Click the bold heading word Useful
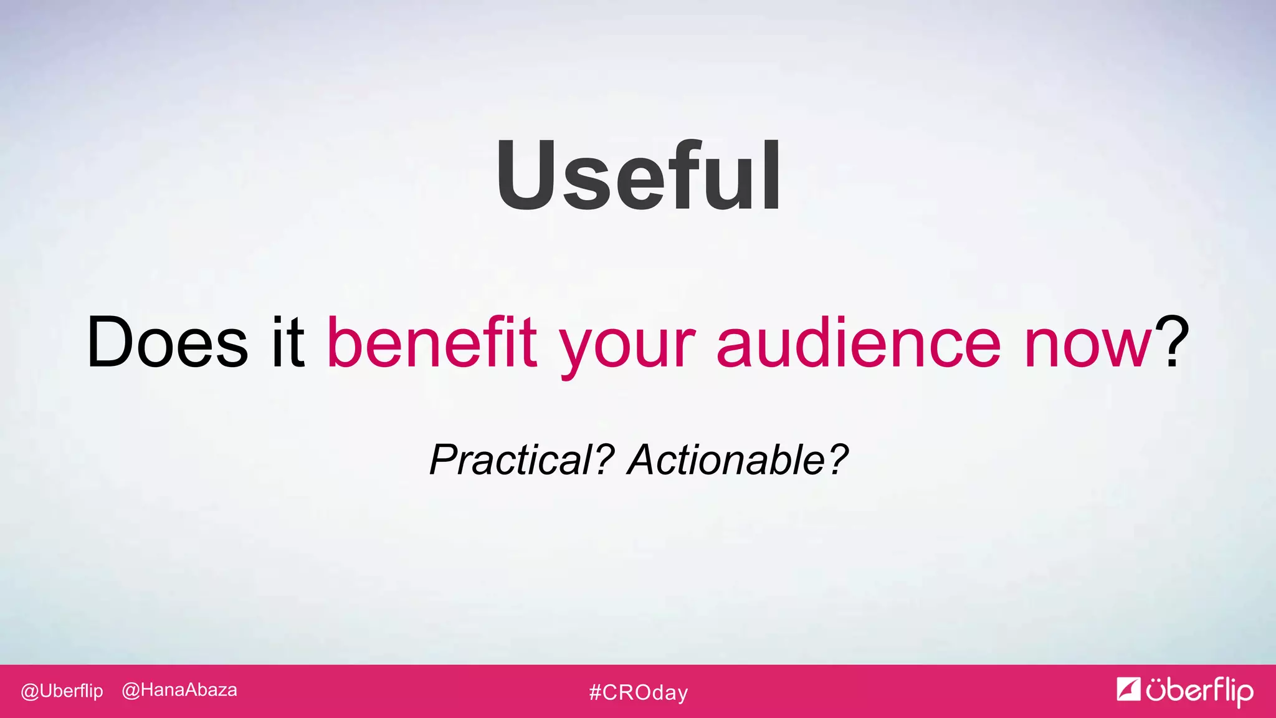638,176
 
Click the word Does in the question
167,342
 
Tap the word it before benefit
287,342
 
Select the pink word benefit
432,342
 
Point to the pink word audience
858,342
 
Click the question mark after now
1172,342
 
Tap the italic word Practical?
522,460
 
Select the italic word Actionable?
738,460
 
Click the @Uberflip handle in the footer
62,691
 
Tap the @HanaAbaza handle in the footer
179,691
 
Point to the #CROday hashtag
638,692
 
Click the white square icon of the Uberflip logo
1128,689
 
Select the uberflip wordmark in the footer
1199,691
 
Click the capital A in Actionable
644,460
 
